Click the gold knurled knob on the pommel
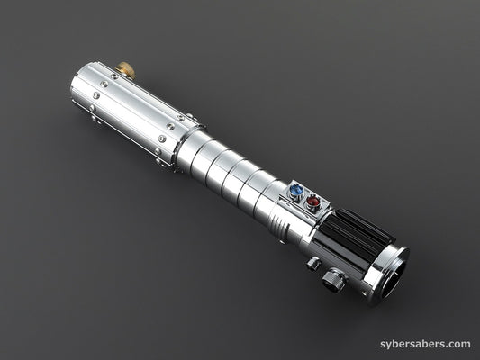pyautogui.click(x=125, y=69)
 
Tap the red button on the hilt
pyautogui.click(x=313, y=202)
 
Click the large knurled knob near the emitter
pyautogui.click(x=334, y=279)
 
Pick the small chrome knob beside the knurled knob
pyautogui.click(x=312, y=264)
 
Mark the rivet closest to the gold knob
pyautogui.click(x=114, y=76)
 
